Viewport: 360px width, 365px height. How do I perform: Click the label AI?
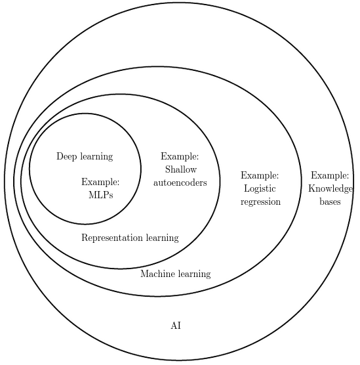176,325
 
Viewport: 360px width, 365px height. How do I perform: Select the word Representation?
112,238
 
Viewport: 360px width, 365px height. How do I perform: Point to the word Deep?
66,156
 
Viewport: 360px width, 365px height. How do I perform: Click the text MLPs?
101,195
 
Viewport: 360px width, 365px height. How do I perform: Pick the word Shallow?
181,169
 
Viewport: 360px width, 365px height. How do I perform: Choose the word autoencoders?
180,182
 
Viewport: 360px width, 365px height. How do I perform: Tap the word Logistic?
260,189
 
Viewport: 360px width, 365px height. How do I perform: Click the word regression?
261,202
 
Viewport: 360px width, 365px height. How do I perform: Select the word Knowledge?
330,189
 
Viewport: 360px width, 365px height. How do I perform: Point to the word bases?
330,202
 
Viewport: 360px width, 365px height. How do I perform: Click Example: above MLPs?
100,182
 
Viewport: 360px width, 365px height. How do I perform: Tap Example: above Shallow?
180,156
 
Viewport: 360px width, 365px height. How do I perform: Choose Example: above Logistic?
260,175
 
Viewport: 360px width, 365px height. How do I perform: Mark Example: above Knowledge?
330,175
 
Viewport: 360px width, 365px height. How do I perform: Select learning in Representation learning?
163,238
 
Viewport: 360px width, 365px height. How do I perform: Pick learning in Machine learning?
195,274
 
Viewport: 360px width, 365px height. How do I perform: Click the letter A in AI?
174,325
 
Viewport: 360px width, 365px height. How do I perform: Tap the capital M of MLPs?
93,195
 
